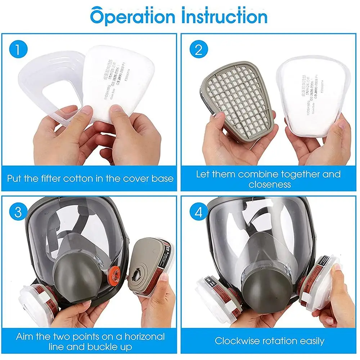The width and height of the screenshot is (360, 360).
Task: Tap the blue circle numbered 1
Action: tap(18, 49)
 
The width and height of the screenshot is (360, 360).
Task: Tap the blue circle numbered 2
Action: tap(199, 50)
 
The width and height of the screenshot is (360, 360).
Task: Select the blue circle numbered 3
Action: tap(18, 212)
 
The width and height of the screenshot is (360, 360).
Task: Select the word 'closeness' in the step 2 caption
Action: tap(269, 185)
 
